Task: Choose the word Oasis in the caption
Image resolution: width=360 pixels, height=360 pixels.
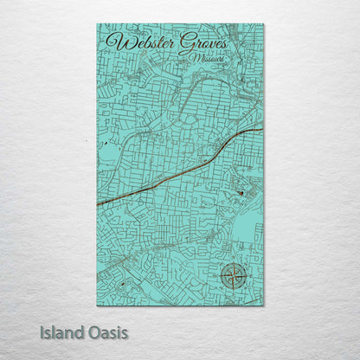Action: coord(107,331)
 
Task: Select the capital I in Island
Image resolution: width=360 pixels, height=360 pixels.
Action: coord(42,331)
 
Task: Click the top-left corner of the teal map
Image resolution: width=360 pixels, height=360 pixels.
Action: coord(98,24)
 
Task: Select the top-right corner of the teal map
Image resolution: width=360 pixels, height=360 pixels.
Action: coord(263,24)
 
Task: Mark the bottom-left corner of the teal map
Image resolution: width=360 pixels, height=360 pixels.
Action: coord(98,305)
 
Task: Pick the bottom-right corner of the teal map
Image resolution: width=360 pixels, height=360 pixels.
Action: coord(263,305)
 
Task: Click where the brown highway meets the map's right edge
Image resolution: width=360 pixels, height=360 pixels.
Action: coord(262,130)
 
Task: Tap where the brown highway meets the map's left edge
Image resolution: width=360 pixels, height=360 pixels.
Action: coord(99,204)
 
